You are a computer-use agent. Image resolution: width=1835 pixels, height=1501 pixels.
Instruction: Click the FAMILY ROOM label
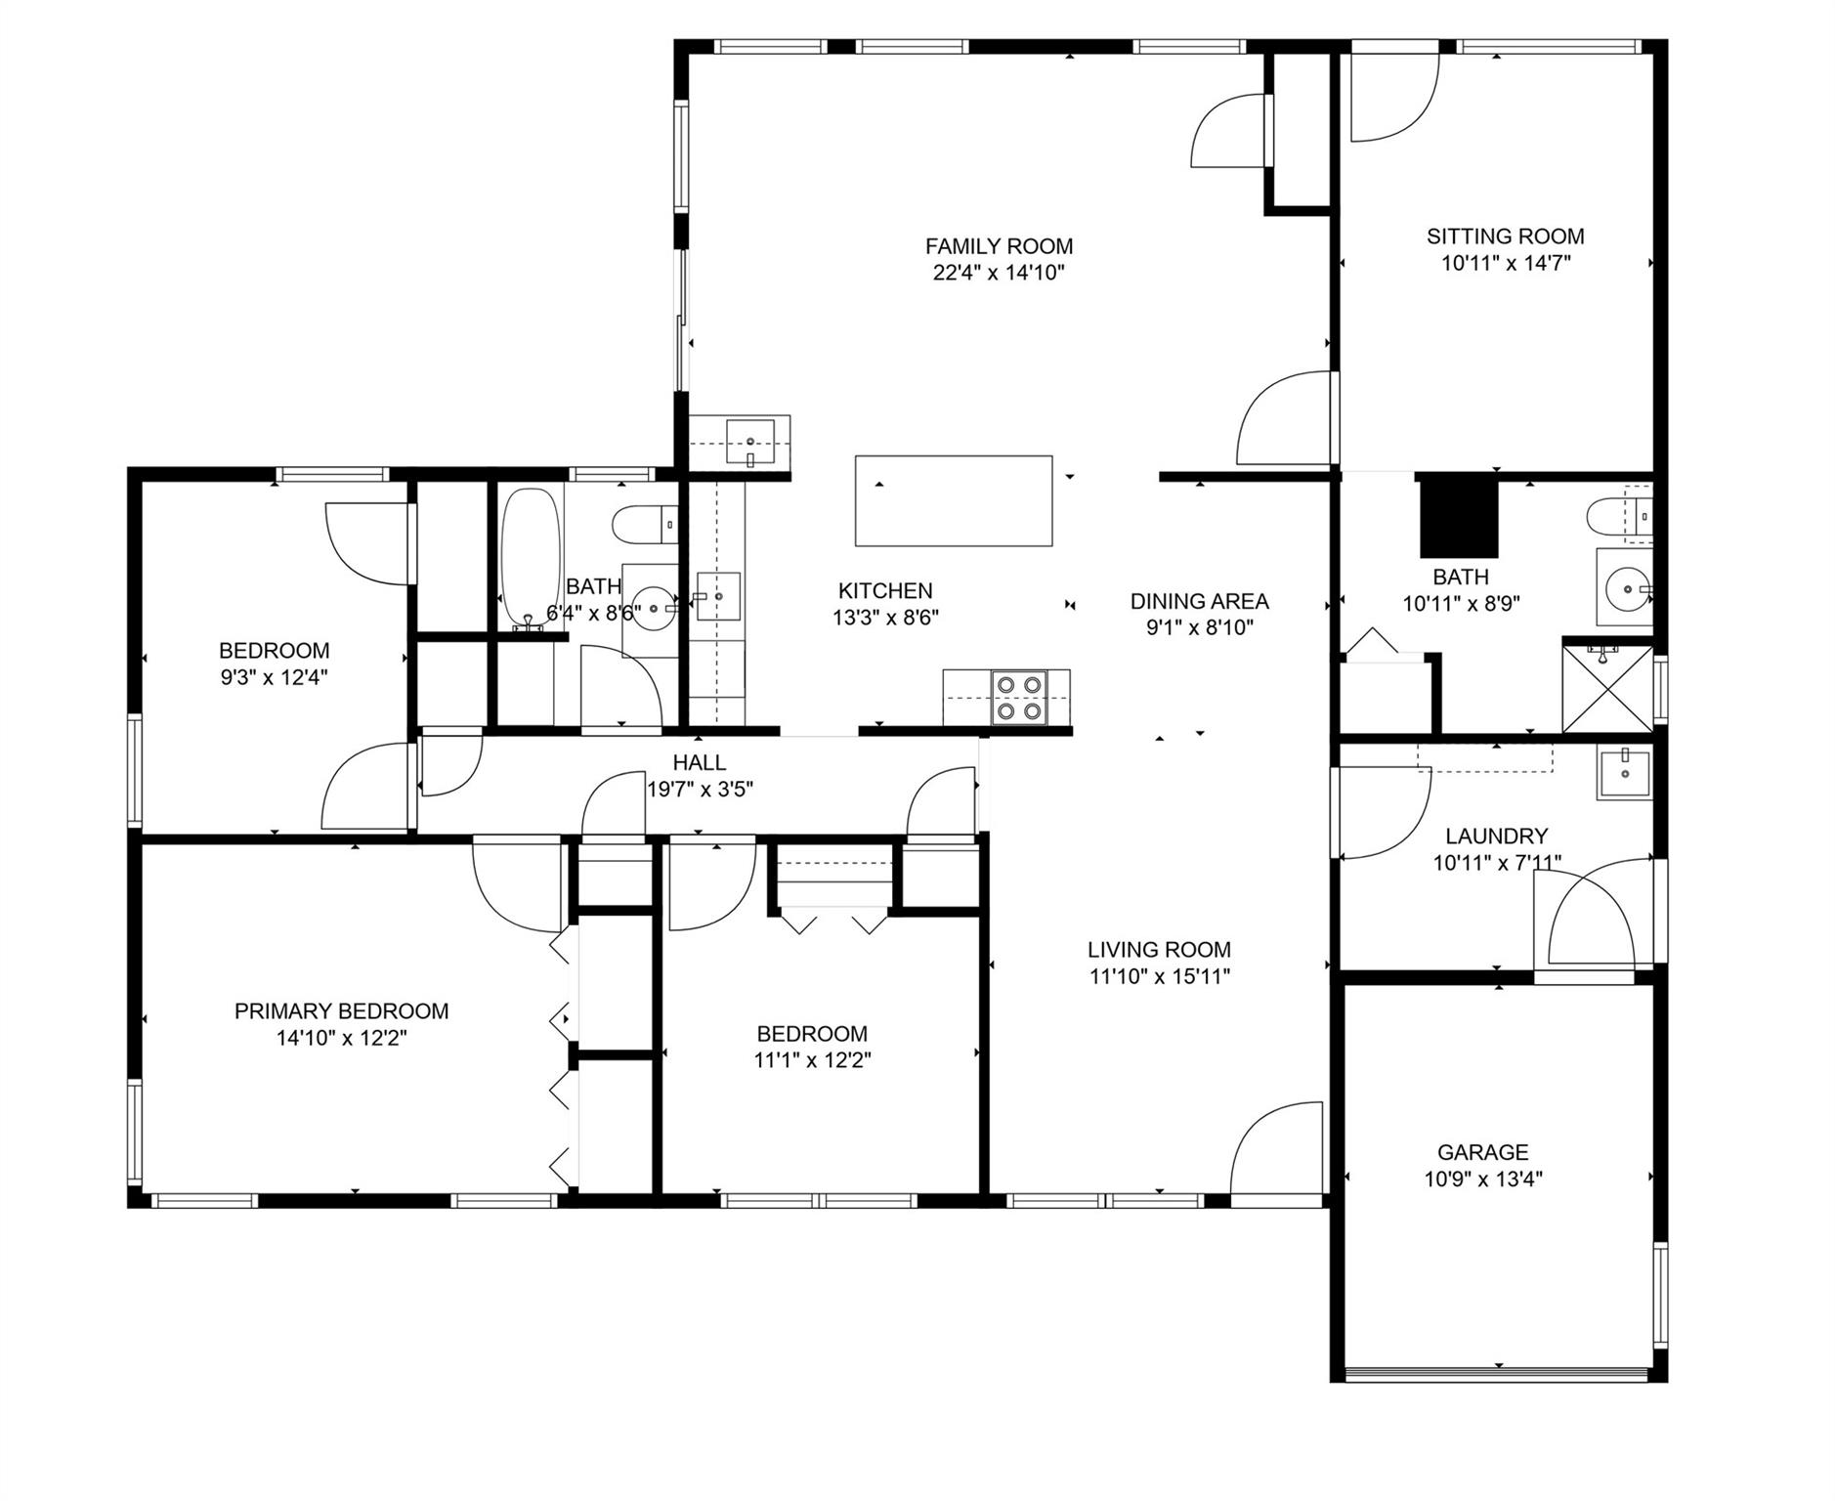pyautogui.click(x=999, y=246)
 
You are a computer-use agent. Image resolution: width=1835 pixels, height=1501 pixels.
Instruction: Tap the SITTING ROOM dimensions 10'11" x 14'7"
pyautogui.click(x=1505, y=263)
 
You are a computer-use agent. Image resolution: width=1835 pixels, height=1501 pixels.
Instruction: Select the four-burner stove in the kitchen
pyautogui.click(x=1018, y=698)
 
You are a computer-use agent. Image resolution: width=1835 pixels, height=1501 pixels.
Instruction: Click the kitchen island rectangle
pyautogui.click(x=954, y=500)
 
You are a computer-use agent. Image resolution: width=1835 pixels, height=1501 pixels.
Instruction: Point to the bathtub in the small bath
pyautogui.click(x=531, y=559)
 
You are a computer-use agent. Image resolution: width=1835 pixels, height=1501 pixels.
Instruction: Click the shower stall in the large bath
pyautogui.click(x=1606, y=689)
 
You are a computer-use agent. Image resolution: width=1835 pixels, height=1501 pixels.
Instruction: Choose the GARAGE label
pyautogui.click(x=1482, y=1152)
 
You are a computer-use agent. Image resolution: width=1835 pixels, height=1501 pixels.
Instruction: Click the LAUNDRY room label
pyautogui.click(x=1496, y=836)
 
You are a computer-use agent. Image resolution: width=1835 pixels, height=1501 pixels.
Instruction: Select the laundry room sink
pyautogui.click(x=1624, y=774)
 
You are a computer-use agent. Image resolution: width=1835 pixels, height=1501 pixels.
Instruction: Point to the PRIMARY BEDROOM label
pyautogui.click(x=341, y=1011)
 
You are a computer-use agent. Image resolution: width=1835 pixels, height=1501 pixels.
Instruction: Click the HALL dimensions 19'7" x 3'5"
pyautogui.click(x=700, y=789)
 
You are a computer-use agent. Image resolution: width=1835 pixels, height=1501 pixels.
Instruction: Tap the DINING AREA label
pyautogui.click(x=1199, y=601)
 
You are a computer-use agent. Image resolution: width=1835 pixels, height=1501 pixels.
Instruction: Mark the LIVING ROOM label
pyautogui.click(x=1159, y=949)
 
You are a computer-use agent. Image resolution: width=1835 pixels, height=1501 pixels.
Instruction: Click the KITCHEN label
pyautogui.click(x=885, y=591)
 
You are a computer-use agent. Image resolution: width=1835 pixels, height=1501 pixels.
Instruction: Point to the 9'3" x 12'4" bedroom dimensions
pyautogui.click(x=273, y=677)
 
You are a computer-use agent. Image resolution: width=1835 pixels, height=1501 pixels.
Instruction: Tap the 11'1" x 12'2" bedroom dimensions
pyautogui.click(x=812, y=1060)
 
